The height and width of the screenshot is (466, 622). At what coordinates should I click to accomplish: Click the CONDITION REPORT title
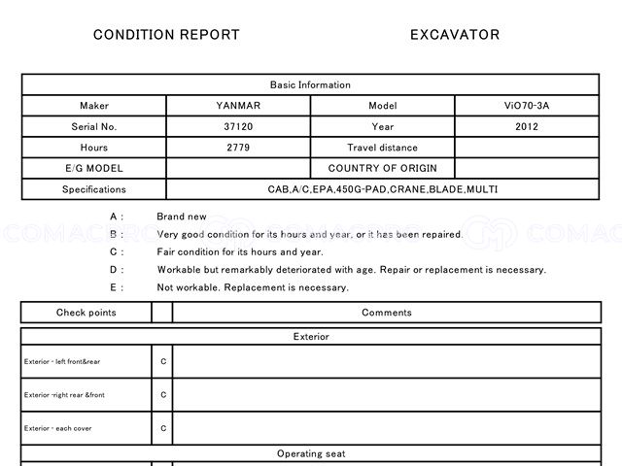(166, 35)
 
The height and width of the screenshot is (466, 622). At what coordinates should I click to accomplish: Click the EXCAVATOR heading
(455, 35)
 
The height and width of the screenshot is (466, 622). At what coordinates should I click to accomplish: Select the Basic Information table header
(311, 84)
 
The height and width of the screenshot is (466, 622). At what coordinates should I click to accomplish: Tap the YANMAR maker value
(238, 106)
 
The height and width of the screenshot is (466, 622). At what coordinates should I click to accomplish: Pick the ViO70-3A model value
(529, 106)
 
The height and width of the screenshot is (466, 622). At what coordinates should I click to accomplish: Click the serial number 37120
(238, 126)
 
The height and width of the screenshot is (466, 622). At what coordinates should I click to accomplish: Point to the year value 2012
(529, 126)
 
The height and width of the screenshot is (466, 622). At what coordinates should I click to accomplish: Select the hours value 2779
(238, 148)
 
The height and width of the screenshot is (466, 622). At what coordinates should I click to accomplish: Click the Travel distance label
(383, 148)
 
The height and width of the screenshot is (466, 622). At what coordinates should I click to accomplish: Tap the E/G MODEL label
(94, 168)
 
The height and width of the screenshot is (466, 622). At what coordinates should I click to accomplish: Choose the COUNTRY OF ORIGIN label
(383, 168)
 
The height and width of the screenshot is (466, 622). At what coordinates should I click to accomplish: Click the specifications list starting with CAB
(383, 189)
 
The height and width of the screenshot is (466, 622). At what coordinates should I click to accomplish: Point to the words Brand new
(182, 216)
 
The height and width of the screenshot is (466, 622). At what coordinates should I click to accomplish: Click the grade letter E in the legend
(115, 287)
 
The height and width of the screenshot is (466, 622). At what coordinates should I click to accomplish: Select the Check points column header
(86, 313)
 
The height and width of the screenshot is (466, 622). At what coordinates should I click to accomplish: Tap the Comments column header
(387, 313)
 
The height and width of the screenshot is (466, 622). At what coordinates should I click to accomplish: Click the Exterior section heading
(311, 337)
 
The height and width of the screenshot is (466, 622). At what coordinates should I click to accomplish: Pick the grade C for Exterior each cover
(163, 428)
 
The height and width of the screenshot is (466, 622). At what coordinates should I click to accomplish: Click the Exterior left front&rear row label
(62, 362)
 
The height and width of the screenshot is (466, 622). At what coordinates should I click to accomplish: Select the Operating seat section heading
(311, 453)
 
